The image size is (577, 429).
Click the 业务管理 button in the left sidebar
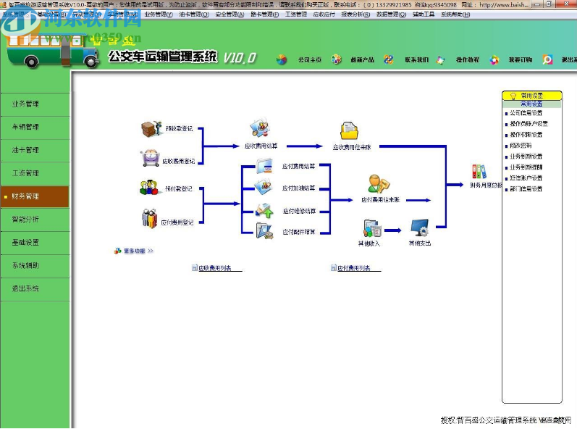click(26, 104)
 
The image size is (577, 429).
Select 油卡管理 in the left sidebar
click(26, 150)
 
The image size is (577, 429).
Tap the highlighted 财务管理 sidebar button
click(26, 196)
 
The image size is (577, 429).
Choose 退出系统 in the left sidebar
click(26, 288)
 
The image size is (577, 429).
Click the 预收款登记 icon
click(150, 129)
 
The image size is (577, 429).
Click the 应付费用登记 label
click(177, 222)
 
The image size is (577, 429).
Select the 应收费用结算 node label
click(261, 146)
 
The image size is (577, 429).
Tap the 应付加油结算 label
click(299, 188)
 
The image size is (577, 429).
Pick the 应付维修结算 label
click(299, 212)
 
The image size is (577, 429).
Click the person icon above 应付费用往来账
click(378, 184)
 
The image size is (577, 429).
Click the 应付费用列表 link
click(354, 269)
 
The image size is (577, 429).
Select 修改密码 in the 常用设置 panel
click(521, 146)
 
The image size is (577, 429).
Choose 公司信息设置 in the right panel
click(526, 113)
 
